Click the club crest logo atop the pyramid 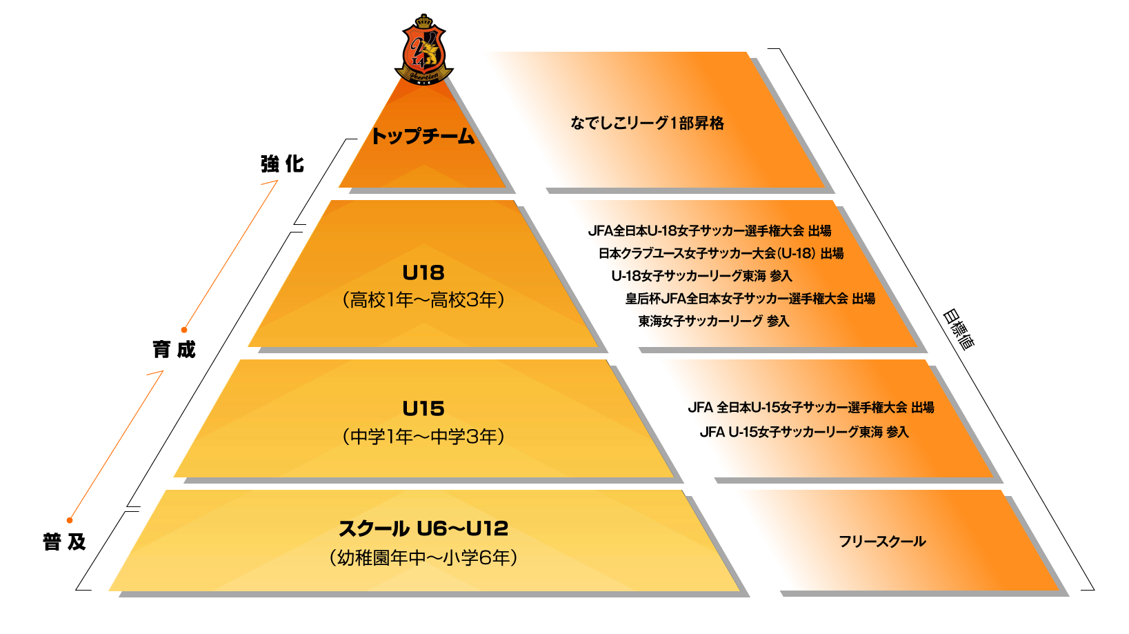423,50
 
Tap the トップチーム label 422,136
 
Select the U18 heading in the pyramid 423,273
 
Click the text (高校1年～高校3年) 423,300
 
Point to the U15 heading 423,408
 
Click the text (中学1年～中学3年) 423,436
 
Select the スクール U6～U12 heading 423,528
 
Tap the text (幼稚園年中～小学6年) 423,557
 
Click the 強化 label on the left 282,164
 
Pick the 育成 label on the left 174,349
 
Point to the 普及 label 65,542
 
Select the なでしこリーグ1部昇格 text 647,123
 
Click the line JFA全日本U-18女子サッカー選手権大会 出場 710,231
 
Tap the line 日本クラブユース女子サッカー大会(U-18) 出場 721,253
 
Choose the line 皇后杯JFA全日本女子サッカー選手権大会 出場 750,298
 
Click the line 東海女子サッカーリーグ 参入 714,321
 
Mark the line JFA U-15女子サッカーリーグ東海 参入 804,432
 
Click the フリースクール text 882,542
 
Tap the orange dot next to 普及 70,520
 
